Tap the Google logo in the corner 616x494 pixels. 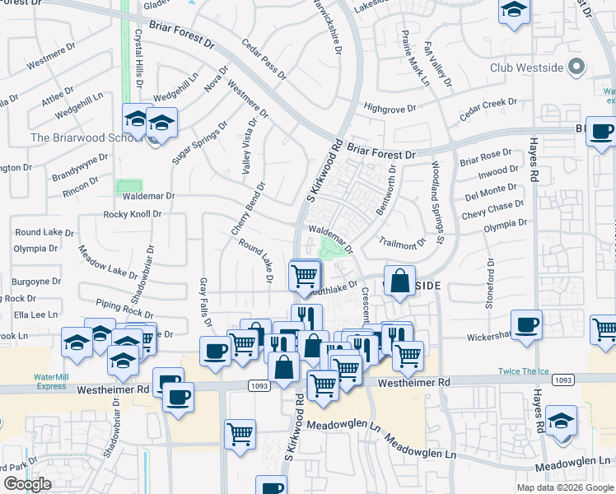tap(27, 484)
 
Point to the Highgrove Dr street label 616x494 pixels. tap(391, 108)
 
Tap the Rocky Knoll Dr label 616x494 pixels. tap(133, 214)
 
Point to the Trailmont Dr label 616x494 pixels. tap(402, 242)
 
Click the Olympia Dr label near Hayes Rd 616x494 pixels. tap(505, 225)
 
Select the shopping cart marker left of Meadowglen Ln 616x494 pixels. tap(240, 433)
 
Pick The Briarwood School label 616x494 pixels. tap(81, 137)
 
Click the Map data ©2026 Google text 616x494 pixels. tap(564, 487)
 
